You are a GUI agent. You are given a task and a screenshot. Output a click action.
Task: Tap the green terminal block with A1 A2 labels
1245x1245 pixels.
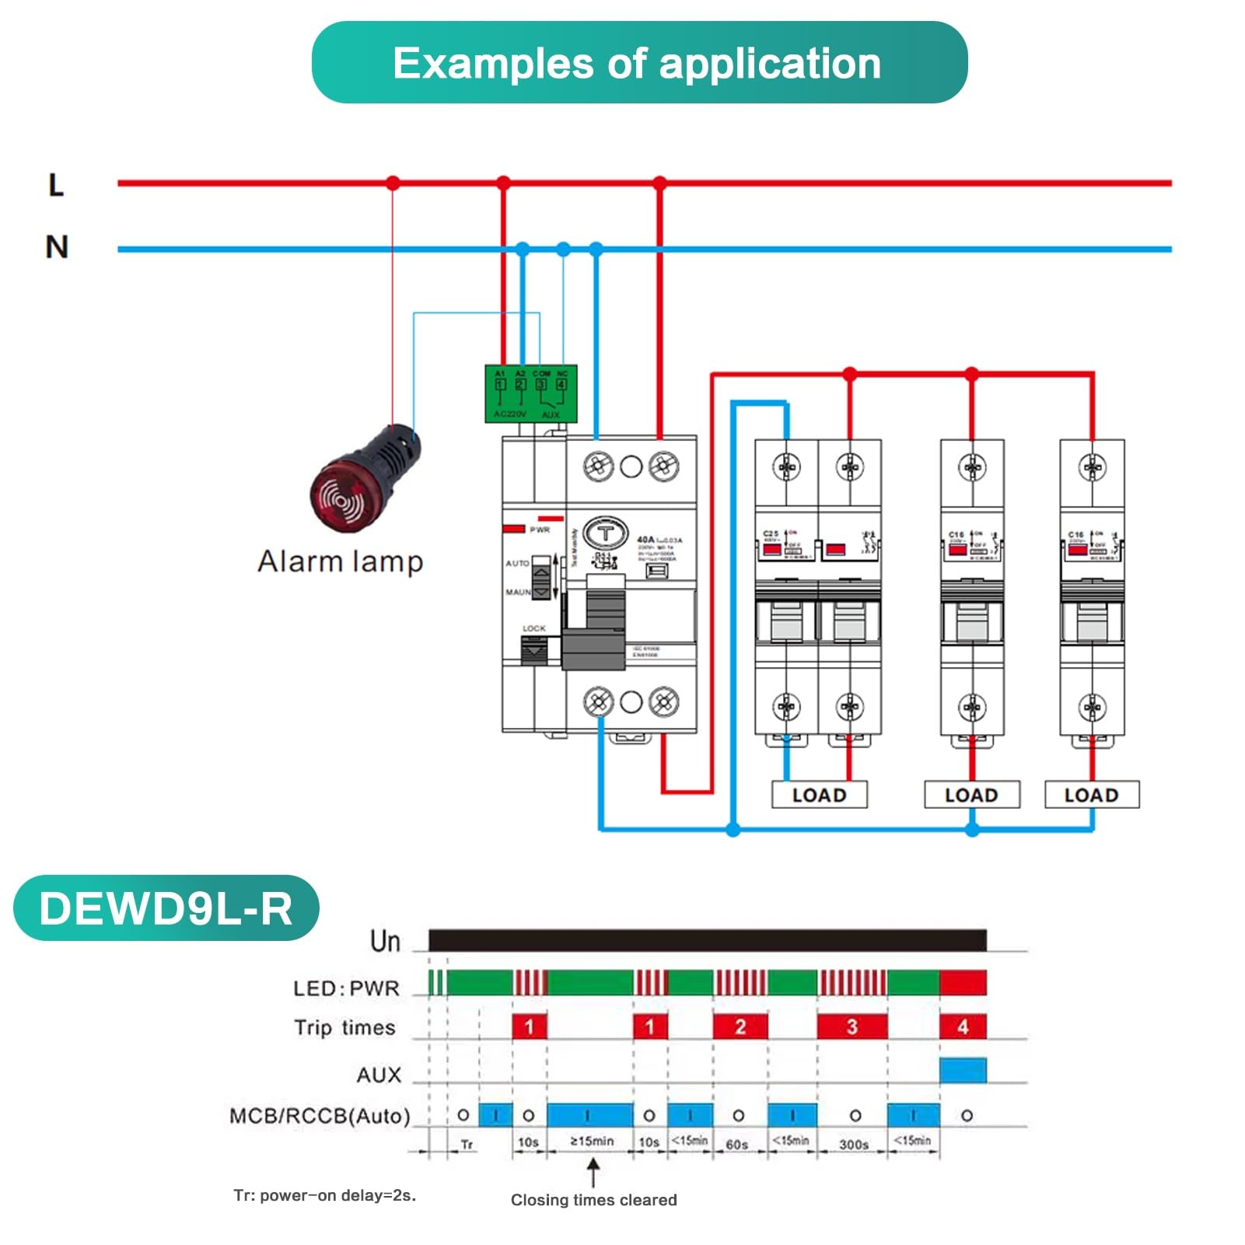pos(530,393)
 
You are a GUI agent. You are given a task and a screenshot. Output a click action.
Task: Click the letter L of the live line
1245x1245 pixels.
pos(56,185)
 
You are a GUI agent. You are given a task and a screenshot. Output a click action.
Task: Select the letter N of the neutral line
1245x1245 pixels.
pos(57,247)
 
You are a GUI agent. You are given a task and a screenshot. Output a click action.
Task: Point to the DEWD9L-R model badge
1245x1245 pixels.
pos(166,908)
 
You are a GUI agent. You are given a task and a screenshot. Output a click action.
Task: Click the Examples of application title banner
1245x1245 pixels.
pos(638,63)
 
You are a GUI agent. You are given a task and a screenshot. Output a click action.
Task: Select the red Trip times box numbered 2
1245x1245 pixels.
pos(740,1026)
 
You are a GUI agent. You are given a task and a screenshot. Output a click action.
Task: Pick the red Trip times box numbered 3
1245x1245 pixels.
pos(852,1026)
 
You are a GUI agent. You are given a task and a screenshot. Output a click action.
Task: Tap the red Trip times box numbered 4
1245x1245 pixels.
pos(963,1026)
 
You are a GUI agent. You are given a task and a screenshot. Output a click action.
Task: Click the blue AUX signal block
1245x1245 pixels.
pos(963,1071)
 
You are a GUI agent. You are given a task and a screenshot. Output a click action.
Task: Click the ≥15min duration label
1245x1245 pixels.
pos(592,1141)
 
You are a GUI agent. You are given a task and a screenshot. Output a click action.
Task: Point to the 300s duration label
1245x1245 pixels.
pos(853,1144)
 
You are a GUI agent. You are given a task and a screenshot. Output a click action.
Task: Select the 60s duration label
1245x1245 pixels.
pos(736,1144)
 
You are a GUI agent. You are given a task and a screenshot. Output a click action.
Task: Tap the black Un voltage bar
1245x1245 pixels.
pos(707,940)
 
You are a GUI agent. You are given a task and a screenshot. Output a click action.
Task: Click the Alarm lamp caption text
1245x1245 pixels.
pos(340,561)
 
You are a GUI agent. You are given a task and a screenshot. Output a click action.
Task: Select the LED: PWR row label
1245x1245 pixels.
pos(346,988)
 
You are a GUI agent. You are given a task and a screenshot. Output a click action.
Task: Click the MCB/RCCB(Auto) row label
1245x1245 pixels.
pos(319,1116)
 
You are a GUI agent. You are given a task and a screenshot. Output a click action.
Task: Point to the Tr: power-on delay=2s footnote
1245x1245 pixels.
pos(324,1195)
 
